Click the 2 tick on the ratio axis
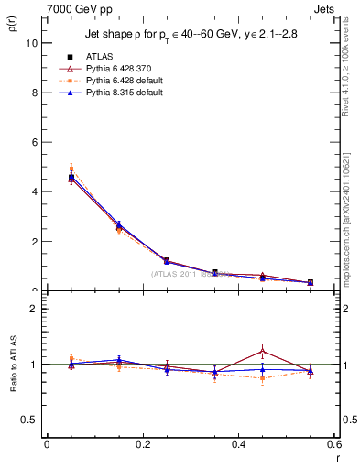pyautogui.click(x=35, y=309)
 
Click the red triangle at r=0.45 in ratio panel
pyautogui.click(x=263, y=351)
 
